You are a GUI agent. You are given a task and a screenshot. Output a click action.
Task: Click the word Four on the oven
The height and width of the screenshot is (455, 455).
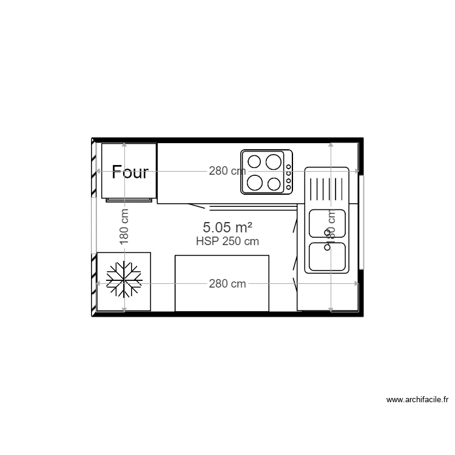point(130,172)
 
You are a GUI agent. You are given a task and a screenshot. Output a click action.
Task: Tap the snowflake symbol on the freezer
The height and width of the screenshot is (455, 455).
point(124,280)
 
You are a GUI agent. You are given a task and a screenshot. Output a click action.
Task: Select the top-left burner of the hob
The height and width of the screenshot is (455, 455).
point(255,161)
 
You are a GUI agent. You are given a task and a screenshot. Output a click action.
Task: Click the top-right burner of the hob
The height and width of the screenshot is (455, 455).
point(274,161)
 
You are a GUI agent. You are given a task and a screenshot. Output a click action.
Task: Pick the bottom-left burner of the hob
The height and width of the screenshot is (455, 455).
point(254,182)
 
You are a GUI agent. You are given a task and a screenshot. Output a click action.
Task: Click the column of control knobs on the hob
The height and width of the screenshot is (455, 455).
point(289,172)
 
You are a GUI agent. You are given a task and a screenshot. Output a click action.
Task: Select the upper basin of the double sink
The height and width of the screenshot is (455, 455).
point(327,223)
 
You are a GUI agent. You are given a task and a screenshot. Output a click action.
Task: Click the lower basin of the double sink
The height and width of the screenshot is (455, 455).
point(327,257)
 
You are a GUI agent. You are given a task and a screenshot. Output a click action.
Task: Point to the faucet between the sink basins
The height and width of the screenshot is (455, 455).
point(328,234)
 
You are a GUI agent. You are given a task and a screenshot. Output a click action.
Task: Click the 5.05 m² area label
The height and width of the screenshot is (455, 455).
point(227,227)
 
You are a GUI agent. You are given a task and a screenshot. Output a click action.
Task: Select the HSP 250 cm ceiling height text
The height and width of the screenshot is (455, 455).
point(227,241)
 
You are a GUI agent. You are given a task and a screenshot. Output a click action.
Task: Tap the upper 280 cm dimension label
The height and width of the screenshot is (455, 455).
point(227,171)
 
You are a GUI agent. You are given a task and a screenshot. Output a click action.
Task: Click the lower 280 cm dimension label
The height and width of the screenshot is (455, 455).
point(227,283)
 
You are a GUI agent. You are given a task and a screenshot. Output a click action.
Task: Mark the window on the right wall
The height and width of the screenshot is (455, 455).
point(361,222)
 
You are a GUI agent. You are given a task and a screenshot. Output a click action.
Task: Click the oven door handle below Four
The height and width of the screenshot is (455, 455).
point(128,199)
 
